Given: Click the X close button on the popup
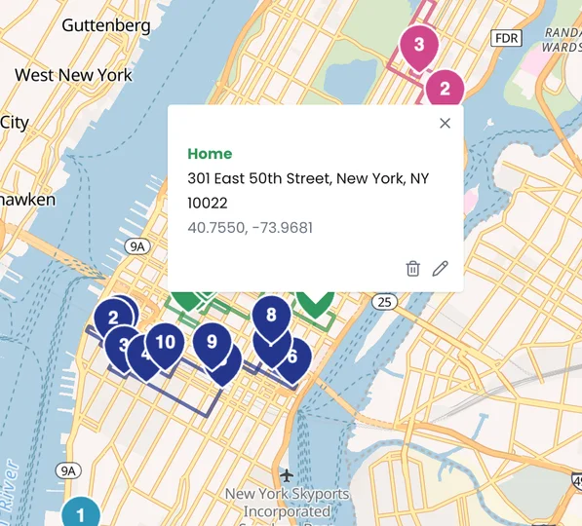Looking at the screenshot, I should click(445, 123).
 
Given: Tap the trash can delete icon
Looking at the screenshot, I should click(412, 269).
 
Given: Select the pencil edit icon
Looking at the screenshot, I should click(440, 269).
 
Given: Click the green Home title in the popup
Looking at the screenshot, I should click(210, 154).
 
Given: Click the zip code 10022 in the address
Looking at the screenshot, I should click(208, 203).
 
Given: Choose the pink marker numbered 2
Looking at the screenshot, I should click(445, 89).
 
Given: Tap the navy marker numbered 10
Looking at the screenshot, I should click(166, 343).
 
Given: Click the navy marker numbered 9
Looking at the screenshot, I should click(212, 343).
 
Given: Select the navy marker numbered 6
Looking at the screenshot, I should click(291, 357).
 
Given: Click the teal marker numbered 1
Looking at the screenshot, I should click(81, 514).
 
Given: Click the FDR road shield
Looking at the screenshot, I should click(507, 38).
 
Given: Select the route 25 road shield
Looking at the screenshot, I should click(386, 301).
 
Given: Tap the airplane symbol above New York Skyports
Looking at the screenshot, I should click(286, 475).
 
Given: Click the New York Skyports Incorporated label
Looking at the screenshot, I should click(286, 503).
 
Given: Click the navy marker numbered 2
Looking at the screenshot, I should click(114, 318).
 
